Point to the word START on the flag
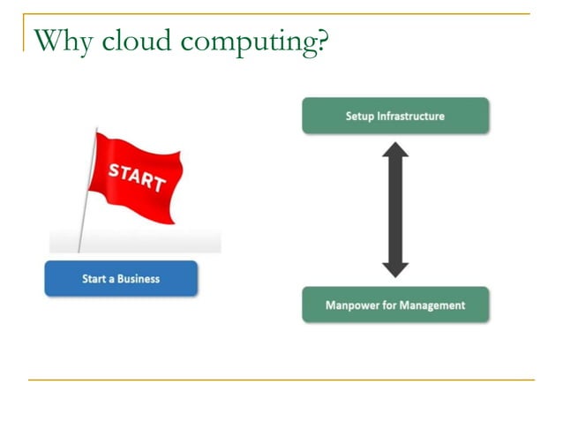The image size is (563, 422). [x=137, y=176]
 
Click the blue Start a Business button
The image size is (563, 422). [x=121, y=279]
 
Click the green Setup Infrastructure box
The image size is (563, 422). [x=394, y=116]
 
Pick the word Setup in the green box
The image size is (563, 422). [x=360, y=116]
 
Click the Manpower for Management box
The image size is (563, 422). [x=394, y=305]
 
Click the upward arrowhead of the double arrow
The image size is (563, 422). [x=394, y=152]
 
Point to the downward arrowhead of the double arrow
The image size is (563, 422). [x=394, y=268]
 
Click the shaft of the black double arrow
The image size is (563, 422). [x=394, y=210]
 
